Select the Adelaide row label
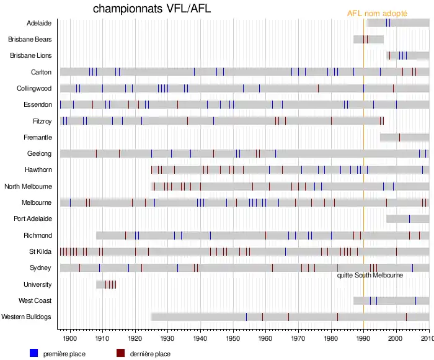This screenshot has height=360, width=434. [39, 23]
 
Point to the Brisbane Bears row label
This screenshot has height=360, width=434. [30, 39]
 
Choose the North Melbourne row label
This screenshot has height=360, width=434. [28, 186]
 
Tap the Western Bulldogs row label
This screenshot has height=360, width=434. [27, 317]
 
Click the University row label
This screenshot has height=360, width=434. [37, 284]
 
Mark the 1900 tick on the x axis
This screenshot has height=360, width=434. [70, 338]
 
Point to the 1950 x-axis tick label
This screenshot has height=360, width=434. [232, 338]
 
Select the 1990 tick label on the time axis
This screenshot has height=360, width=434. [363, 338]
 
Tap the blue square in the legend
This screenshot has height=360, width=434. [34, 353]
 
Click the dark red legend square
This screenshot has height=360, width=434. [121, 353]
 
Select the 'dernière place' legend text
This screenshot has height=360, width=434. [150, 354]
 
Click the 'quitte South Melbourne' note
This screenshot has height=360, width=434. [370, 275]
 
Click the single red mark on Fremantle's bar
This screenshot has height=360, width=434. [399, 137]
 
